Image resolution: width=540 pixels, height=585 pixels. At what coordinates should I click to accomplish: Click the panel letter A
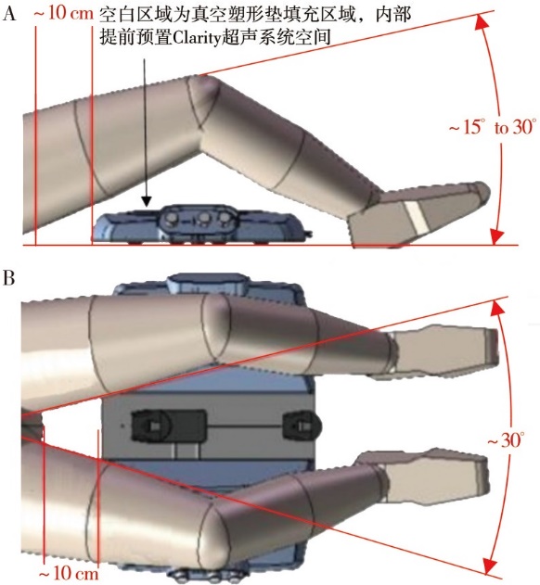coord(9,13)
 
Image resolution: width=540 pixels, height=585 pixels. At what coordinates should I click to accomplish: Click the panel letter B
coord(9,278)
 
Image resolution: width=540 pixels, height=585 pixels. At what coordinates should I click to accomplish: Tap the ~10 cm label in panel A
coord(63,13)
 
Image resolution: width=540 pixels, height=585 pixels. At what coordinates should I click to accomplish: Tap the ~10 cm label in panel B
coord(69,573)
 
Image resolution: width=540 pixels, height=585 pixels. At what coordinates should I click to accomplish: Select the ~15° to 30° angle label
coord(493,127)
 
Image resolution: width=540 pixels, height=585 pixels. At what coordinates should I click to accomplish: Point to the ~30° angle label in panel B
coord(506,440)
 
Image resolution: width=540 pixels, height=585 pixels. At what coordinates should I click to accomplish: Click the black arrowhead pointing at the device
coord(147,201)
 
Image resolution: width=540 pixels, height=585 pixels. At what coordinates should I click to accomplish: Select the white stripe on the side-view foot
coord(417,218)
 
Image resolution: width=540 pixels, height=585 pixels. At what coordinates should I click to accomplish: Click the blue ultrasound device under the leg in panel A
coord(201,223)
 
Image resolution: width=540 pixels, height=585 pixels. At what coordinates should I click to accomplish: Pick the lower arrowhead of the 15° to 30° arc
coord(497,236)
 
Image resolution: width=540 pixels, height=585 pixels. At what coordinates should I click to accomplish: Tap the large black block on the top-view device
coord(169,426)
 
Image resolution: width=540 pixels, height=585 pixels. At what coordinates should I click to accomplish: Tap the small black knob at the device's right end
coord(302,425)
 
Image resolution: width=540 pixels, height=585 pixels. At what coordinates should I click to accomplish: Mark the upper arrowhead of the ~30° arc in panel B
coord(495,308)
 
